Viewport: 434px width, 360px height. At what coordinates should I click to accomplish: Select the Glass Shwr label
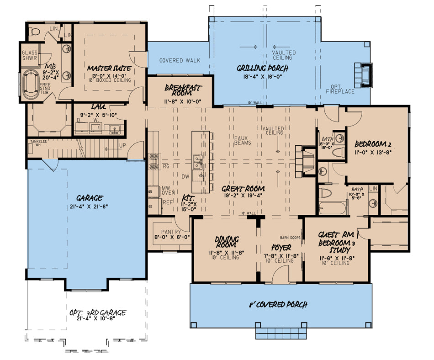(30, 55)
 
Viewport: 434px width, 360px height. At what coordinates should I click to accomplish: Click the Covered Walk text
(180, 60)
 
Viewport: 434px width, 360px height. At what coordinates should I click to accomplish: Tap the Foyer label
(281, 247)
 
